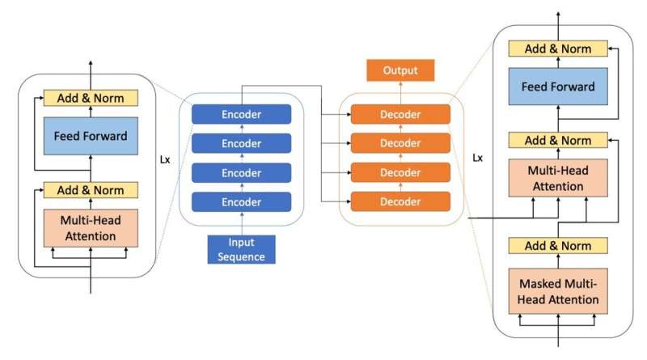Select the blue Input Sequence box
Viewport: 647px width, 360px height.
(x=242, y=248)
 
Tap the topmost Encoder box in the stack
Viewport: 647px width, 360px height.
(x=241, y=114)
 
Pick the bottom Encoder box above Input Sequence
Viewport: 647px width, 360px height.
(x=241, y=201)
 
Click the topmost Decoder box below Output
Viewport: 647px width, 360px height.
(x=401, y=114)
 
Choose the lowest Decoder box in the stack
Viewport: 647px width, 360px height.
(x=401, y=201)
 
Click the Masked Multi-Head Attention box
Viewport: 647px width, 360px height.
(x=558, y=292)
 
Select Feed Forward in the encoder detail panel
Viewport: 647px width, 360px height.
(x=90, y=136)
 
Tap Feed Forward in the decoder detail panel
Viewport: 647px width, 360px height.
(x=558, y=87)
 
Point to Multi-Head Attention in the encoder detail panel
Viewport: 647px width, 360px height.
(x=90, y=228)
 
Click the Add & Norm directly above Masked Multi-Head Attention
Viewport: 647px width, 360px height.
(x=558, y=246)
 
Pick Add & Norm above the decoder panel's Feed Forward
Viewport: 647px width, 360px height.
(x=558, y=49)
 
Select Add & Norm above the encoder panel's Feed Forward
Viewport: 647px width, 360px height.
(x=90, y=98)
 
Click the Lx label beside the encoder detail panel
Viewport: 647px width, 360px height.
(x=165, y=159)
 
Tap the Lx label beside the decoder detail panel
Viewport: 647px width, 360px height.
(x=477, y=159)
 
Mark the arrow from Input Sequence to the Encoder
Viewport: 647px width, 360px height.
(x=241, y=223)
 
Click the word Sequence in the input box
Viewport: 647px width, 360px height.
(x=242, y=256)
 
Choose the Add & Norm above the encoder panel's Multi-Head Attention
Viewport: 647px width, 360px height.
(x=90, y=190)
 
